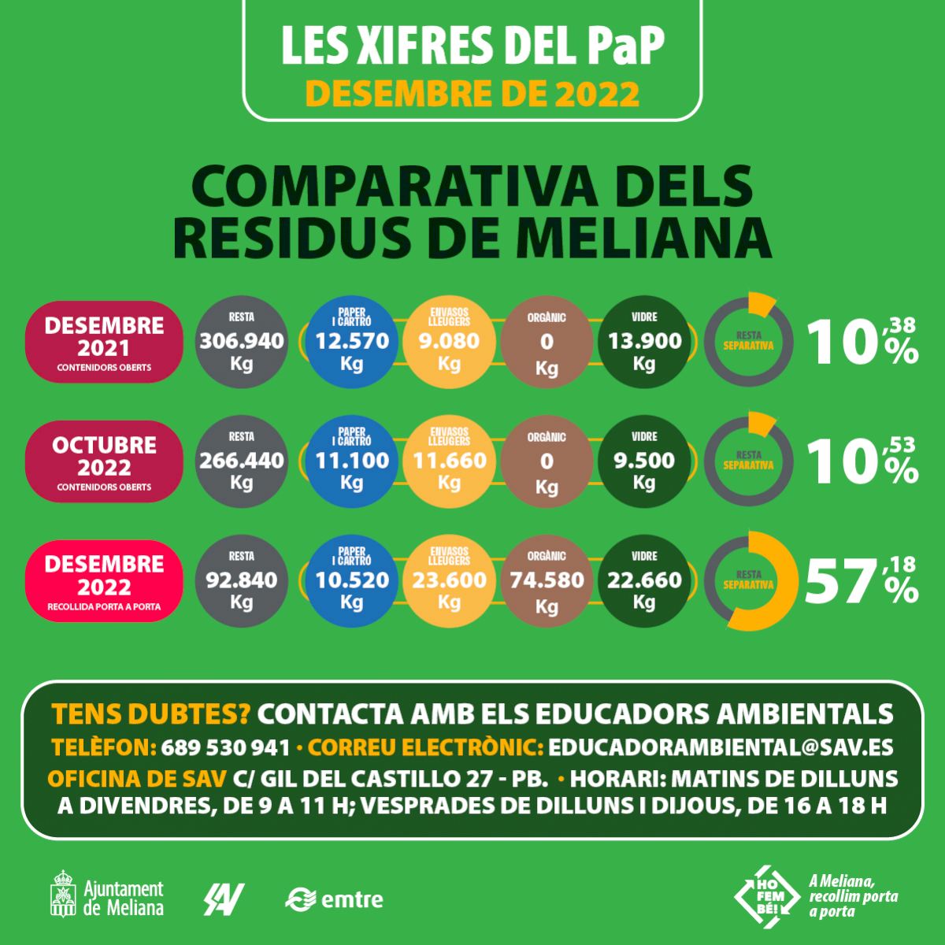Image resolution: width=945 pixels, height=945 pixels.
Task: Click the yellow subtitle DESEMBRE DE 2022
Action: point(472,93)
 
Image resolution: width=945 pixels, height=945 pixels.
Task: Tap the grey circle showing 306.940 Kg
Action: point(241,342)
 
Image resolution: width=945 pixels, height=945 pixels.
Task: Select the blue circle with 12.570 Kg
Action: point(352,342)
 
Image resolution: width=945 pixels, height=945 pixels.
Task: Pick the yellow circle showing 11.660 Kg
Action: point(449,461)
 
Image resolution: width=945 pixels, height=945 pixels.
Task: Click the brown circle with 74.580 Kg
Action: point(547,581)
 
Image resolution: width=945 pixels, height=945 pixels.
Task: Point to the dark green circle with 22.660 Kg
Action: point(644,581)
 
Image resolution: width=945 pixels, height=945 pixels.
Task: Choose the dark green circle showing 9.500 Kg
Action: point(644,461)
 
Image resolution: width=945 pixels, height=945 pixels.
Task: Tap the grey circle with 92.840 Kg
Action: point(241,581)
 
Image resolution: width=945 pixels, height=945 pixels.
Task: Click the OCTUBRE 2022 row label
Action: point(104,461)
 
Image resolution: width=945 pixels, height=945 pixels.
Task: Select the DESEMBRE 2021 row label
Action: point(104,342)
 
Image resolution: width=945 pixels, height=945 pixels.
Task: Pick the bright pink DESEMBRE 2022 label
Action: point(104,581)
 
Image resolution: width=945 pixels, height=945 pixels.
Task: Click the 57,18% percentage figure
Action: point(861,581)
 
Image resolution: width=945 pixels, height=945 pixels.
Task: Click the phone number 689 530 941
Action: point(225,747)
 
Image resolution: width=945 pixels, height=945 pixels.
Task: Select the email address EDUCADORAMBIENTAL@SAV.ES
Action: point(721,747)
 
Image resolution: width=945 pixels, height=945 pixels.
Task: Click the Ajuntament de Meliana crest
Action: point(63,893)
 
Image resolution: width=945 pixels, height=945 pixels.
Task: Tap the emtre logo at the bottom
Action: point(335,898)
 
